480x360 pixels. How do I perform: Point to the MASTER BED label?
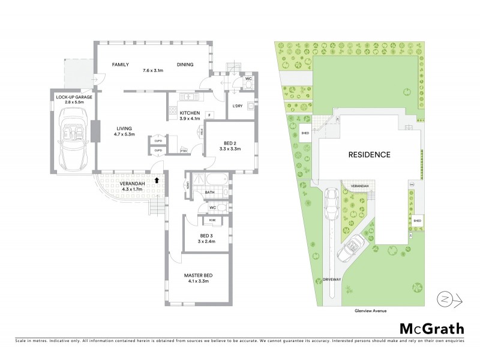pyautogui.click(x=198, y=275)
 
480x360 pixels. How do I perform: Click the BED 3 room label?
pyautogui.click(x=199, y=235)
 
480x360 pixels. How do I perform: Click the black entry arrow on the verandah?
pyautogui.click(x=157, y=179)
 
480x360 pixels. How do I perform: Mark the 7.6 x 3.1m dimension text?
pyautogui.click(x=154, y=71)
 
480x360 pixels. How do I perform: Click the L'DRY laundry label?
pyautogui.click(x=238, y=106)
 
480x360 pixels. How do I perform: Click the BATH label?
pyautogui.click(x=209, y=193)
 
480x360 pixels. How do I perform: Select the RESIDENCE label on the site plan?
pyautogui.click(x=370, y=154)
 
